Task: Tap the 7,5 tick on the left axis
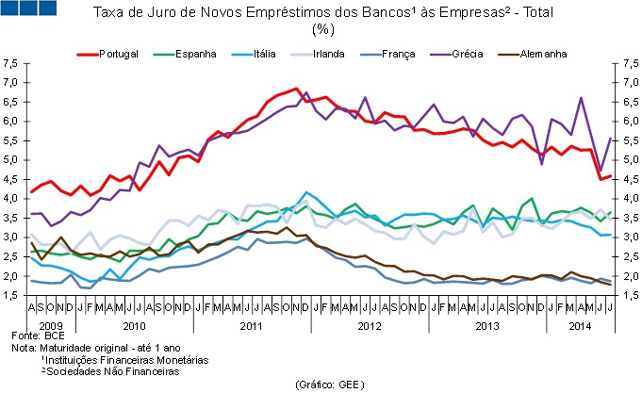[x=10, y=64]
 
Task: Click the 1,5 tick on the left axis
[x=10, y=296]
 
